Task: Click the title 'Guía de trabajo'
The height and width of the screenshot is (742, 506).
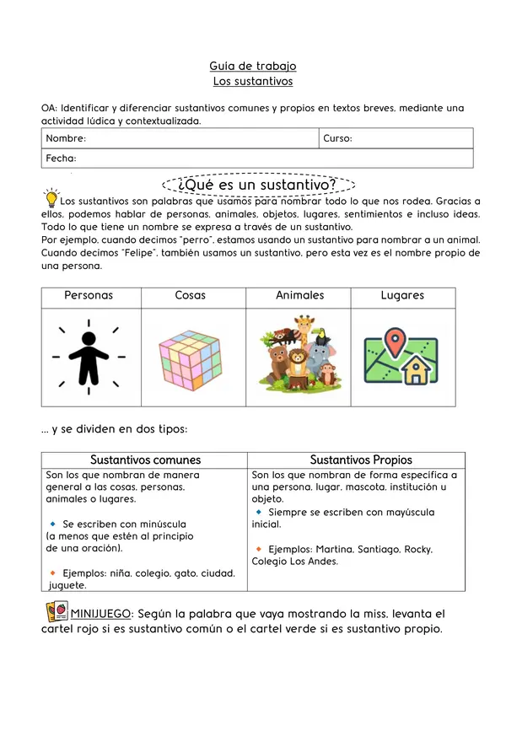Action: (x=252, y=66)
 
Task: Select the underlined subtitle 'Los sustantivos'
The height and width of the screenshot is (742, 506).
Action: (x=252, y=82)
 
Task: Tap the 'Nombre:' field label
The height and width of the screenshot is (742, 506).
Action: (x=66, y=138)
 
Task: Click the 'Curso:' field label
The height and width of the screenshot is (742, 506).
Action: (x=337, y=138)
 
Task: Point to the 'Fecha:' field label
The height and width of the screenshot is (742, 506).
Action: (x=61, y=159)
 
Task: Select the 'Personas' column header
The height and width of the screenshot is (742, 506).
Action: (x=89, y=296)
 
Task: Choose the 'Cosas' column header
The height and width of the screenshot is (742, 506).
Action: (x=190, y=296)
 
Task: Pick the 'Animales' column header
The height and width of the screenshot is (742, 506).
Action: (x=299, y=296)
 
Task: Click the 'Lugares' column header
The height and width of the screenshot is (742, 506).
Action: (x=402, y=296)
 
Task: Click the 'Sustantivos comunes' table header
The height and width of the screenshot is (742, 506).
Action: (x=145, y=460)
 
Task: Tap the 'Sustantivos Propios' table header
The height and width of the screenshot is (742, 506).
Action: (x=361, y=460)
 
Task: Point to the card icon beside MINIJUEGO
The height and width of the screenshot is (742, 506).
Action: (x=57, y=611)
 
